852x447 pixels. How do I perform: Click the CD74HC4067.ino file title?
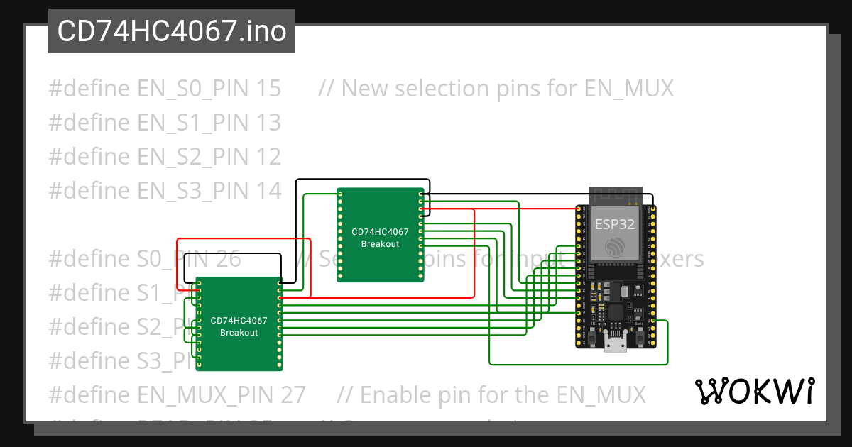(171, 31)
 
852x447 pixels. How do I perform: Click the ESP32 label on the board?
(615, 224)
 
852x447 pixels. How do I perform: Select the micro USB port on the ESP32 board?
(616, 345)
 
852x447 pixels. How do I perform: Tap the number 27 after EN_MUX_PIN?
(291, 394)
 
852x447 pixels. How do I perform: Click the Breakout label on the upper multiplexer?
(380, 244)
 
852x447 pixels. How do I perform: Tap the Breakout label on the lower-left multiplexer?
(239, 333)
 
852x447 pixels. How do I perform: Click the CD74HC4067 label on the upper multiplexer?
(380, 232)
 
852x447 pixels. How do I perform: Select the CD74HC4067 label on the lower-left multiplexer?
(239, 321)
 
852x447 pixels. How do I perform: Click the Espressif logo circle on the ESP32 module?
(615, 247)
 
